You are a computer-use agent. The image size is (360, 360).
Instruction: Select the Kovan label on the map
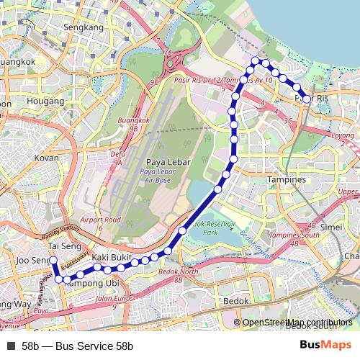pos(47,157)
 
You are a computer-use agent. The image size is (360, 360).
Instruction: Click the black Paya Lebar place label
pos(168,162)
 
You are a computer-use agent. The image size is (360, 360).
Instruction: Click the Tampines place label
pos(287,179)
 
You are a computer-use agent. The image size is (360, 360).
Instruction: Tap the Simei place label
pos(331,226)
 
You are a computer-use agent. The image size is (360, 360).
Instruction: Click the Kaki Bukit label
pos(111,257)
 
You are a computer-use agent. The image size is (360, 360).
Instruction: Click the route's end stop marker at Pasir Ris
pos(307,99)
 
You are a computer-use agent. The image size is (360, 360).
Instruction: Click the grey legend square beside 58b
pos(11,346)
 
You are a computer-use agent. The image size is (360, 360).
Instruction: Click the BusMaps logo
pos(325,345)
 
